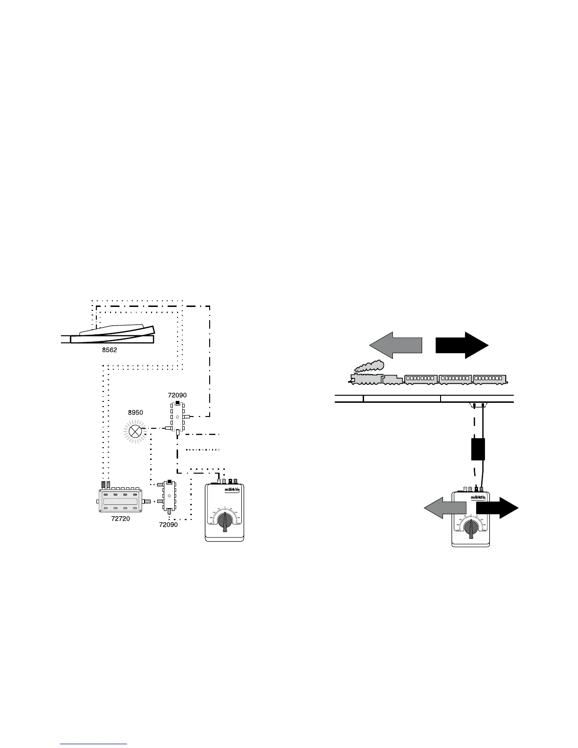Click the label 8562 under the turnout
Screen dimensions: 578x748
(110, 350)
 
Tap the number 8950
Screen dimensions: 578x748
(136, 412)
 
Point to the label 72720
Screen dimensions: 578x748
(120, 518)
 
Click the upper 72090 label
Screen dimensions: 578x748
(177, 394)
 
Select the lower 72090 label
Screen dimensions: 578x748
(169, 525)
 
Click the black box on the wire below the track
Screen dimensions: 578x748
(478, 449)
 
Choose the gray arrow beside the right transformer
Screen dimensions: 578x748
(444, 510)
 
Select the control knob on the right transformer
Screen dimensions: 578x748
(471, 529)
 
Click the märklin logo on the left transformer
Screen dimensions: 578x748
(233, 490)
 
